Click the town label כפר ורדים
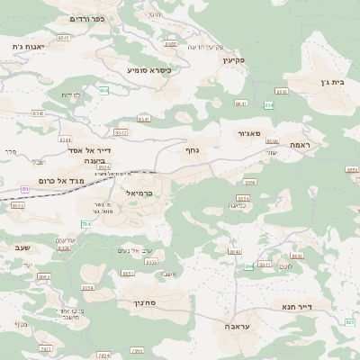[x=87, y=18]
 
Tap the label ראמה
[x=300, y=144]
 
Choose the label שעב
[x=23, y=246]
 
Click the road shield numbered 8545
[x=63, y=38]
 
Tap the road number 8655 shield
[x=171, y=43]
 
